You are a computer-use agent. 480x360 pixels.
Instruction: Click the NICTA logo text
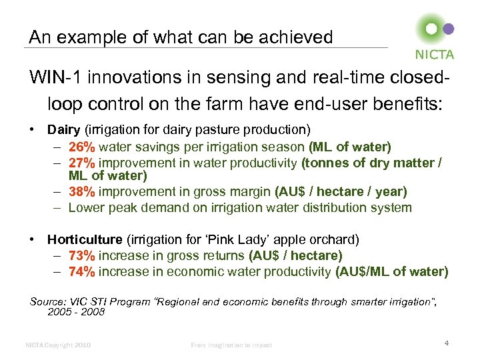coord(435,55)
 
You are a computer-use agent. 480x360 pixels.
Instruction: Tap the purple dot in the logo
coord(449,29)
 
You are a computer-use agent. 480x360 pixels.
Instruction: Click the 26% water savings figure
coord(82,147)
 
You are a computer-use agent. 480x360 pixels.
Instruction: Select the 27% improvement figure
coord(82,163)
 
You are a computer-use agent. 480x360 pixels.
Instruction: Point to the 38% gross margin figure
coord(82,192)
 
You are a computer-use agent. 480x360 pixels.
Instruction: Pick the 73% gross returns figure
coord(82,255)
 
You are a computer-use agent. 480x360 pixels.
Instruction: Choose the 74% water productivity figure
coord(82,271)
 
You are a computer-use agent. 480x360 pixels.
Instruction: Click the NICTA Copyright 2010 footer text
coord(58,345)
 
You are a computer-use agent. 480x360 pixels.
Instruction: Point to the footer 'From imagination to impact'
coord(231,345)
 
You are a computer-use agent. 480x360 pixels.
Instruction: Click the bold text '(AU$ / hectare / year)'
coord(341,192)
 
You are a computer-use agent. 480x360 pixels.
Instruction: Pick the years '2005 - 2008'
coord(76,311)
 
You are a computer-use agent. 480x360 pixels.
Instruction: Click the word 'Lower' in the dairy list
coord(85,207)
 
